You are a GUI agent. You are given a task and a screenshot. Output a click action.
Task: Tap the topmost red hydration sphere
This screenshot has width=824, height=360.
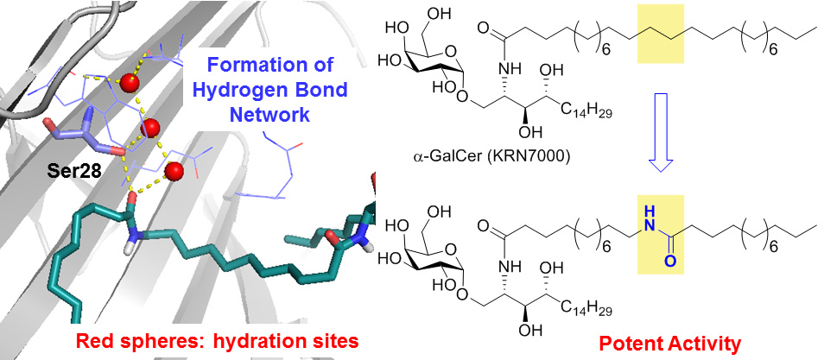130,82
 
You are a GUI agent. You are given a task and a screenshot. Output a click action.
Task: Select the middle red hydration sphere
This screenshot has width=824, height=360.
150,129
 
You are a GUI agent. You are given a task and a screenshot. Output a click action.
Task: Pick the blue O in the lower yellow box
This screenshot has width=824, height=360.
660,262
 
